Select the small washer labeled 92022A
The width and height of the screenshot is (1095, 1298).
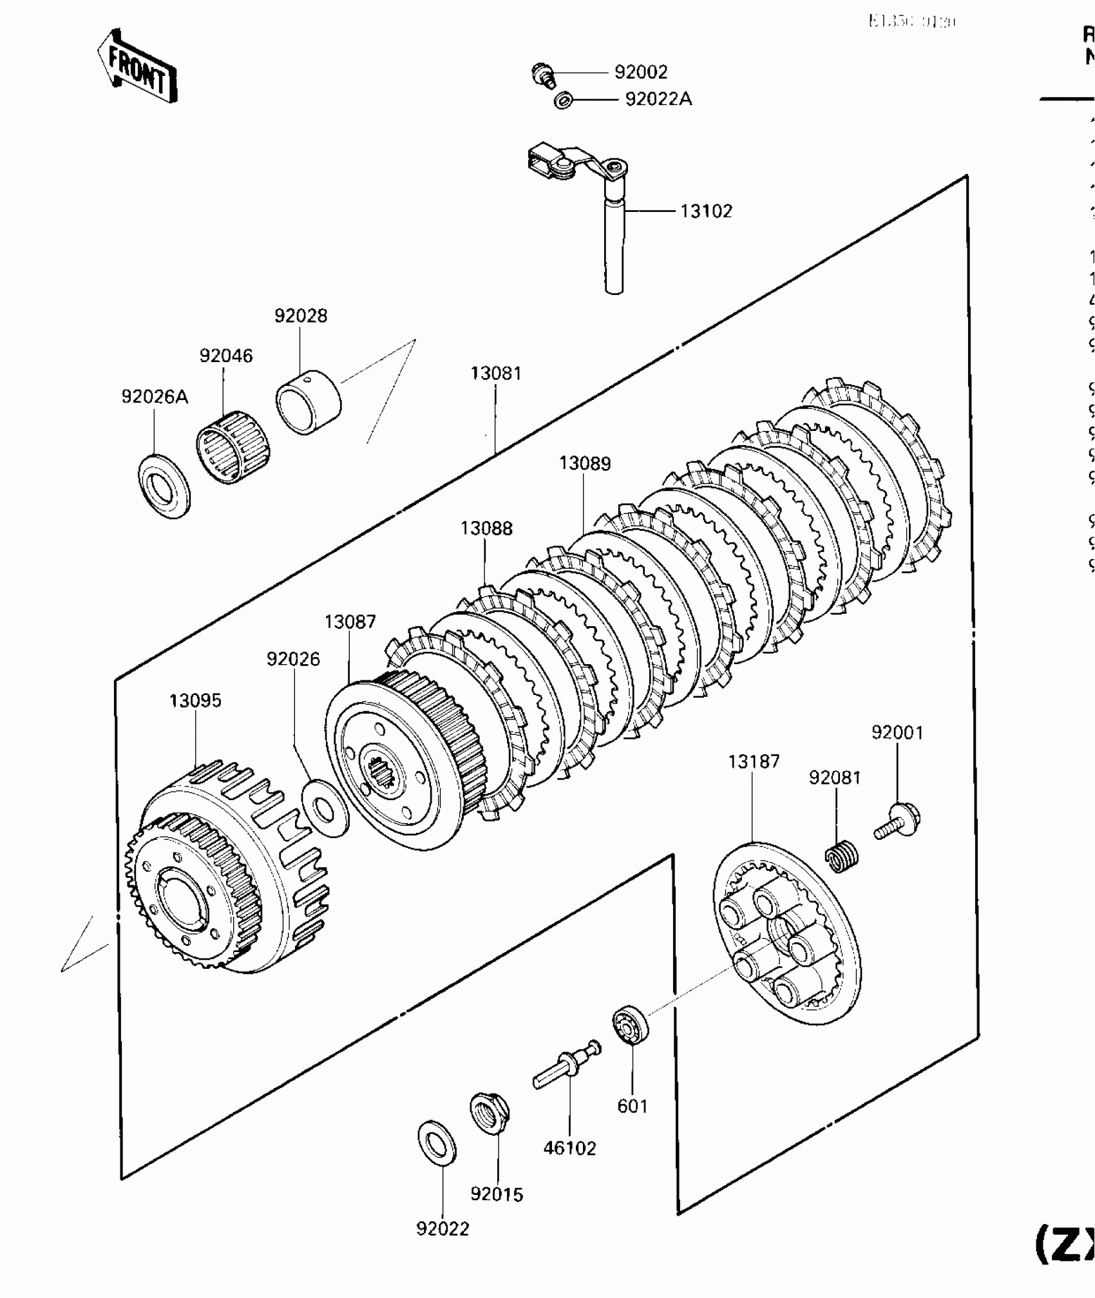click(x=564, y=100)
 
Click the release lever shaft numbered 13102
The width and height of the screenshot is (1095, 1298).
click(x=614, y=245)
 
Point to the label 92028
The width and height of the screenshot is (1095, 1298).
click(x=301, y=316)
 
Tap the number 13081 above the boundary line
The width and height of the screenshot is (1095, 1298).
click(x=495, y=373)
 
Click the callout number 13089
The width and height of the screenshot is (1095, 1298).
click(x=585, y=463)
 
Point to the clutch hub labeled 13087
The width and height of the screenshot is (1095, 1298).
click(x=405, y=760)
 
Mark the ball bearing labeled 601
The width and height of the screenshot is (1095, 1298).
click(x=630, y=1024)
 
